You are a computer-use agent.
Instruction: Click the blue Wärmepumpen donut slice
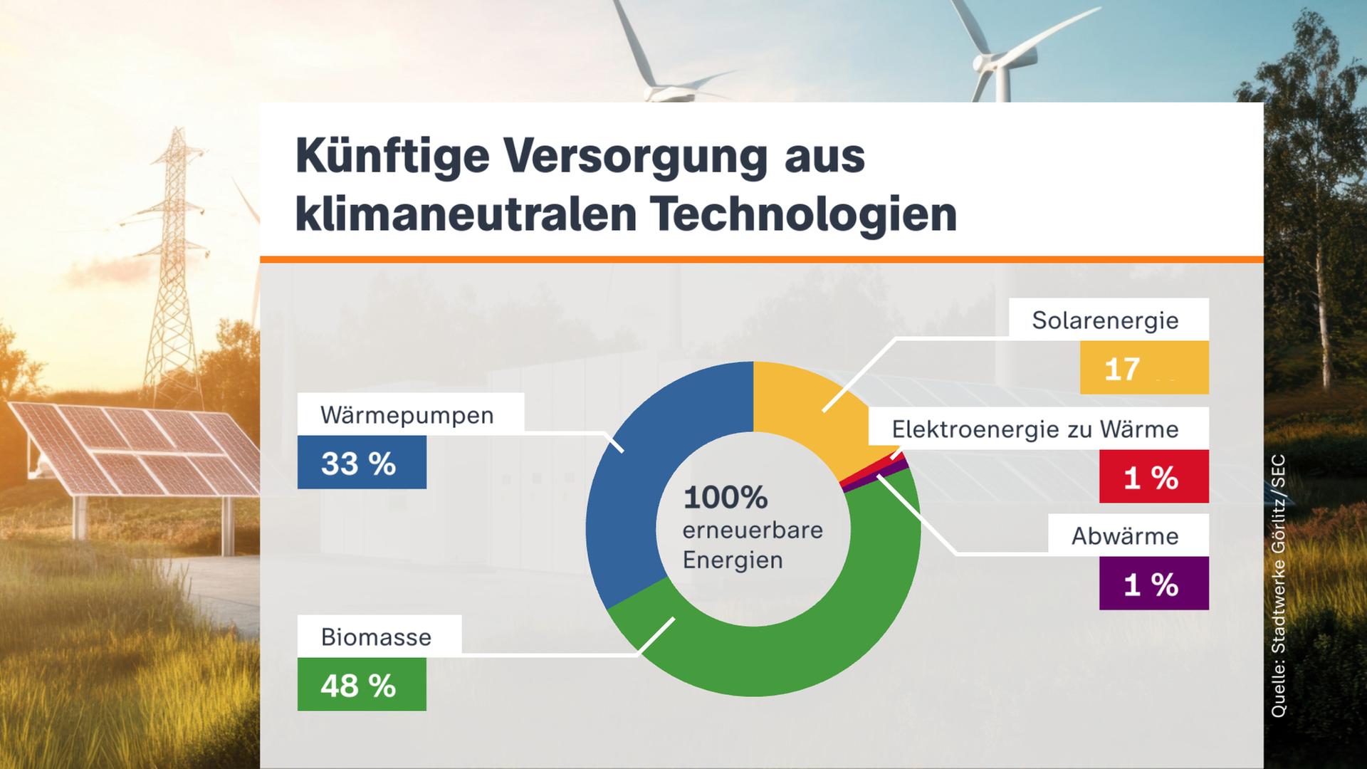tap(627, 491)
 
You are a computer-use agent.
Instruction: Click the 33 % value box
tap(362, 463)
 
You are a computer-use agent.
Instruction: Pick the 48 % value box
tap(362, 684)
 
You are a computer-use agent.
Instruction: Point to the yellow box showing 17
tap(1143, 368)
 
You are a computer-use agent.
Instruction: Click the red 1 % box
tap(1153, 477)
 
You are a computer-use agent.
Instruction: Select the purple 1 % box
tap(1153, 584)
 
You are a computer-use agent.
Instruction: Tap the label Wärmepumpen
tap(407, 414)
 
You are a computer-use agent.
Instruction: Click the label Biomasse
tap(376, 636)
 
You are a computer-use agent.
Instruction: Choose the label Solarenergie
tap(1105, 320)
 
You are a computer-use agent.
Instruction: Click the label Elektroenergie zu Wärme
tap(1035, 429)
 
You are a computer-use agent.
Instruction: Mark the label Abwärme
tap(1125, 535)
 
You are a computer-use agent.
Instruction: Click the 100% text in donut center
tap(725, 497)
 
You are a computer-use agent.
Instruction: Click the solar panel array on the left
tap(135, 449)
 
